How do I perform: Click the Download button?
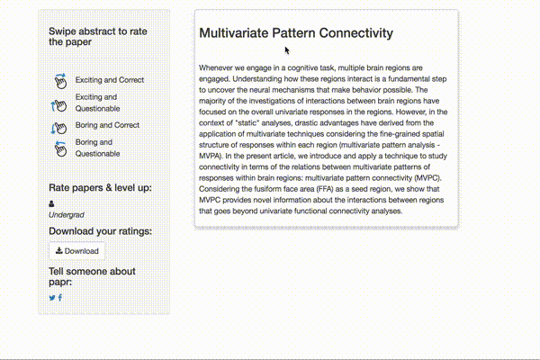77,251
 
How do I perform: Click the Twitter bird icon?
52,298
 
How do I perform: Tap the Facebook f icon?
60,298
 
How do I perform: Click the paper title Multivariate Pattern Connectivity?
296,33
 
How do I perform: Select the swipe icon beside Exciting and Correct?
59,81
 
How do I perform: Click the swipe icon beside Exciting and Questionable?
59,103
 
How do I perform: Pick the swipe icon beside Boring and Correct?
59,126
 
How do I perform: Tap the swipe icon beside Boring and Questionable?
59,148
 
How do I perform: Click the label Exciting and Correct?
110,80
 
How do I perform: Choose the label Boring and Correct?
107,125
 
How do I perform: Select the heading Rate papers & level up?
100,188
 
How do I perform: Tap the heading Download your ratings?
100,231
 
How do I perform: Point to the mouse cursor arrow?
287,50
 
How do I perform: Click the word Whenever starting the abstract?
220,67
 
